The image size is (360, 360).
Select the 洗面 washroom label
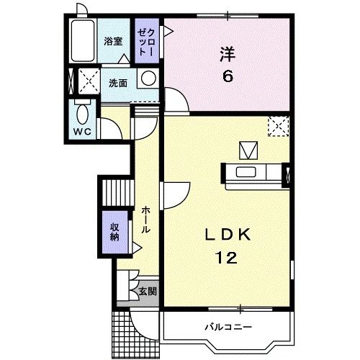click(118, 82)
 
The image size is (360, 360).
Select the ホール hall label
click(145, 218)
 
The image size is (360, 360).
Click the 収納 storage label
click(114, 233)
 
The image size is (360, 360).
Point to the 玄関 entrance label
click(147, 292)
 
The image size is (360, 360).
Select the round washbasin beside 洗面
click(148, 78)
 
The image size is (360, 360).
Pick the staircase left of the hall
click(117, 192)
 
